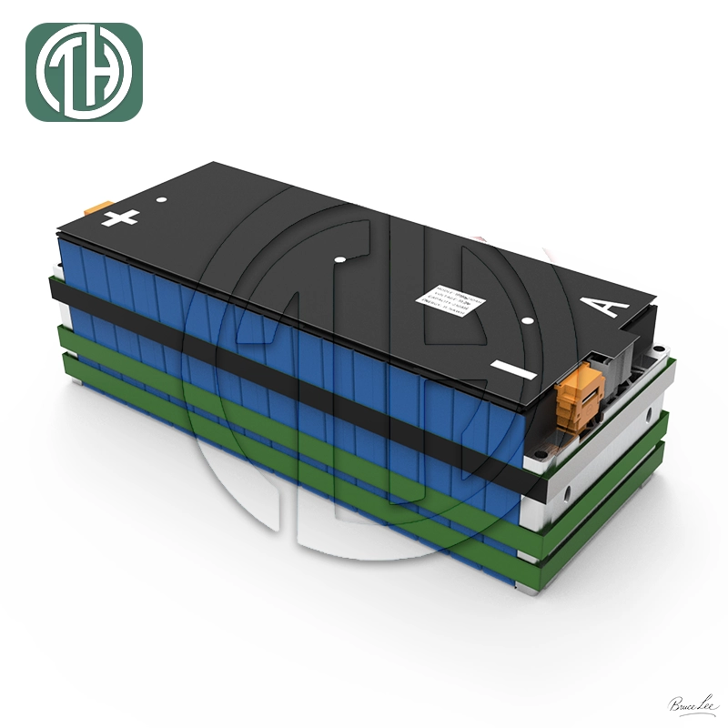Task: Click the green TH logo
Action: coord(85,73)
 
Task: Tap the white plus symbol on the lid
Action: coord(121,217)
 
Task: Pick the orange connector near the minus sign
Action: coord(582,393)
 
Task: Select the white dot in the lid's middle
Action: coord(339,260)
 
